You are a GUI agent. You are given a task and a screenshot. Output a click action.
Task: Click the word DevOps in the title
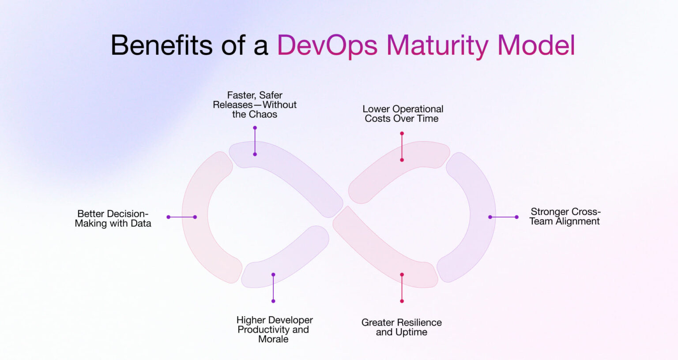[x=327, y=45]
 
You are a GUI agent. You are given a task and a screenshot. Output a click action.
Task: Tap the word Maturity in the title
[x=437, y=45]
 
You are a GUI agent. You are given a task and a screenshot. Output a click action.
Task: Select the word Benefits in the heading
[x=162, y=45]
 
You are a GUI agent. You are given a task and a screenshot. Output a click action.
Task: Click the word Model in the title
[x=536, y=45]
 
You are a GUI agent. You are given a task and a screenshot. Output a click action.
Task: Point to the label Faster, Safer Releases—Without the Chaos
[x=255, y=105]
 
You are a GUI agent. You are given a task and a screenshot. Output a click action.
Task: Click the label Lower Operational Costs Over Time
[x=403, y=114]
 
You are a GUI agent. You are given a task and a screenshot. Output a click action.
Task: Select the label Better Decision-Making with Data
[x=113, y=219]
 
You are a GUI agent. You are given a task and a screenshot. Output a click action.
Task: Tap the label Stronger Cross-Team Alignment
[x=565, y=217]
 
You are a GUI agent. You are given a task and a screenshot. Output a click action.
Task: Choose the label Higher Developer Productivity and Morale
[x=274, y=330]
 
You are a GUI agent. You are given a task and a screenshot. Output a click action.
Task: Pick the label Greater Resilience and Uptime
[x=402, y=327]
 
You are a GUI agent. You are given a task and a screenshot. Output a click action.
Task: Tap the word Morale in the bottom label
[x=274, y=339]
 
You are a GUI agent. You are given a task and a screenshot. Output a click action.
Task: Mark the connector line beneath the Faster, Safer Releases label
[x=255, y=141]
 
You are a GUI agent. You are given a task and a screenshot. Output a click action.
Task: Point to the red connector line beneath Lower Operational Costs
[x=402, y=146]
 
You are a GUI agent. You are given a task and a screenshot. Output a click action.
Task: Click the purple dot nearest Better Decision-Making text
[x=168, y=217]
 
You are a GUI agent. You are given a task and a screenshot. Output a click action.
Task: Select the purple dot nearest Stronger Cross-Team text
[x=516, y=217]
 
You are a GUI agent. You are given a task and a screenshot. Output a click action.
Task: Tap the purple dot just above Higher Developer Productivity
[x=273, y=301]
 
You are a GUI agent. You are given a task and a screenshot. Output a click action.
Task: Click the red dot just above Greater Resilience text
[x=402, y=301]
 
